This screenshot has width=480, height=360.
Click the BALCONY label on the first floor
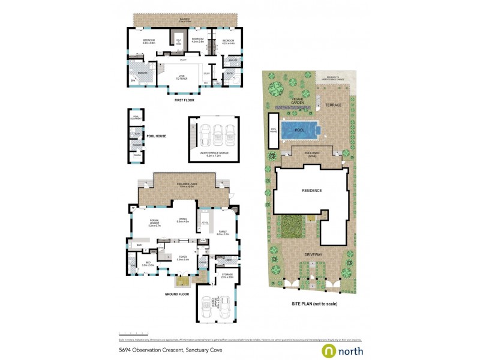pyautogui.click(x=185, y=19)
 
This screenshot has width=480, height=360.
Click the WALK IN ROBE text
pyautogui.click(x=178, y=41)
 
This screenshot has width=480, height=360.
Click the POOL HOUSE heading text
pyautogui.click(x=156, y=136)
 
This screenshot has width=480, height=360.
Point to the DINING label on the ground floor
pyautogui.click(x=183, y=220)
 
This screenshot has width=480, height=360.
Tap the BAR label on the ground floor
pyautogui.click(x=139, y=245)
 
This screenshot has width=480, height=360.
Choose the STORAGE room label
pyautogui.click(x=226, y=276)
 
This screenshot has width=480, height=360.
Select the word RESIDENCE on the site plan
pyautogui.click(x=312, y=191)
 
